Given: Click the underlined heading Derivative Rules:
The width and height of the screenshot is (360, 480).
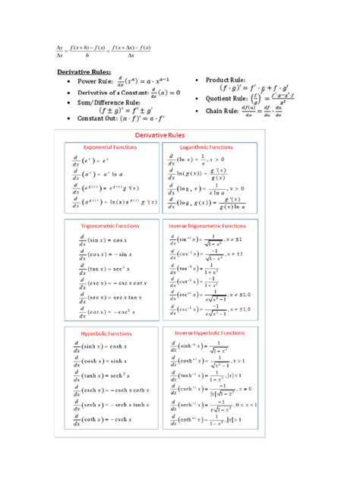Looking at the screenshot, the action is click(x=85, y=72).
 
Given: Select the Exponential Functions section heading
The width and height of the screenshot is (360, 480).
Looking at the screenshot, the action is click(x=109, y=147).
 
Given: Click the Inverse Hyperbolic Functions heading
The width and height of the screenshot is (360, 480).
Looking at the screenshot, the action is click(x=210, y=333).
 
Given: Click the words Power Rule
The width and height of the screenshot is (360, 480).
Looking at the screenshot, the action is click(x=94, y=81).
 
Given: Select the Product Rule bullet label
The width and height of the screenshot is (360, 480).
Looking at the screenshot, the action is click(x=225, y=79).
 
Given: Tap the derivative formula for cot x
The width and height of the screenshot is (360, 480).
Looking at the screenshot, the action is click(x=105, y=311).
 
